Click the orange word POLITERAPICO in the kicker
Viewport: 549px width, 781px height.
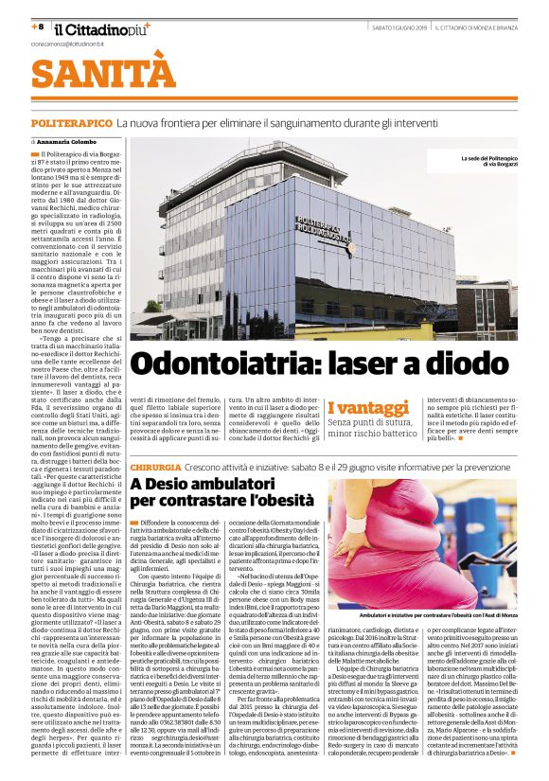[x=72, y=124]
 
